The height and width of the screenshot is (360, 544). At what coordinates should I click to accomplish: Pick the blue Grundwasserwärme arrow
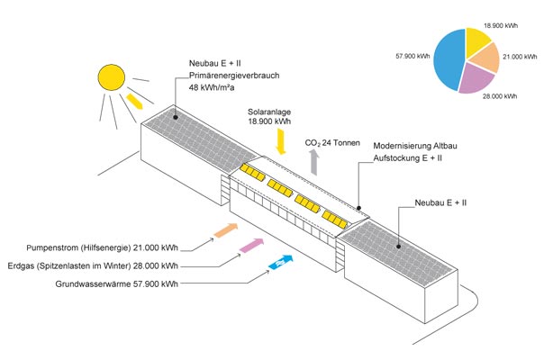283,262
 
